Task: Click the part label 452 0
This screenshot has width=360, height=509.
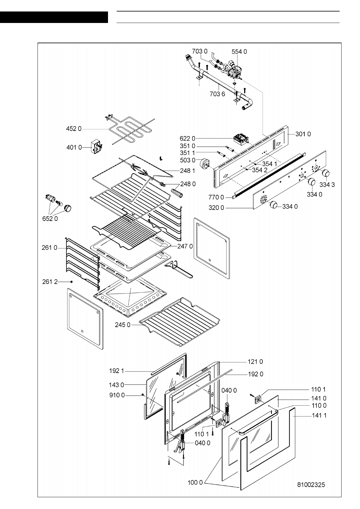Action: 74,129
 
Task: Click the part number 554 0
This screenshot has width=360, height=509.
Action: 239,52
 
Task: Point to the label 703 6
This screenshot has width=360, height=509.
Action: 217,94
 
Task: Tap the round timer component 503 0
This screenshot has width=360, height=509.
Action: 205,164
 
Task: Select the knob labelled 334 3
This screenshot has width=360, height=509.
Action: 326,173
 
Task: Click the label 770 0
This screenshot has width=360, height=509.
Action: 216,198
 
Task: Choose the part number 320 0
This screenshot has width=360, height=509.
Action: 216,208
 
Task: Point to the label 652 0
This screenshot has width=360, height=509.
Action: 50,219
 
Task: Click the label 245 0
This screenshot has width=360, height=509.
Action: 123,325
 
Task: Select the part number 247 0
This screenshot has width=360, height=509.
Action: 185,246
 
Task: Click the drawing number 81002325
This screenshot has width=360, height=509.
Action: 311,485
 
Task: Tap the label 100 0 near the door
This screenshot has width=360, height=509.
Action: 195,482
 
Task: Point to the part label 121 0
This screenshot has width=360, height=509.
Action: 255,361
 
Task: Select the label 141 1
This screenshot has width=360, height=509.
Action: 319,416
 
